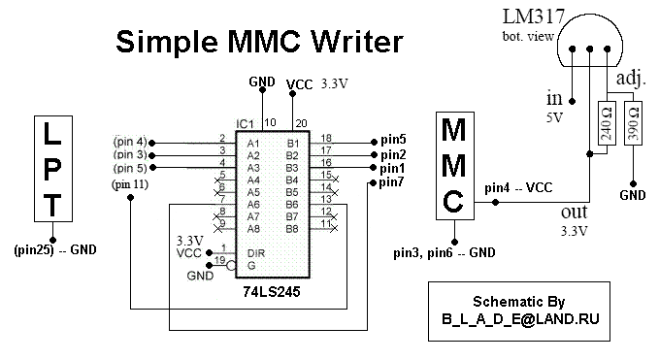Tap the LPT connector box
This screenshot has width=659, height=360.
pos(53,169)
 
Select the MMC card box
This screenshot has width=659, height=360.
pos(455,166)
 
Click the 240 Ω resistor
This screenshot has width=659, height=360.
pos(607,123)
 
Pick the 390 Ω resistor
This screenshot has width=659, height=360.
pos(633,123)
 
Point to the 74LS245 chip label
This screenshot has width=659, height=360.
pos(272,291)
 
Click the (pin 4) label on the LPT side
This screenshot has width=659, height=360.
pos(130,141)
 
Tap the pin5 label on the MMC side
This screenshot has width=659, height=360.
pos(393,140)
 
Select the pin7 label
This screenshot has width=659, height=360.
pos(391,182)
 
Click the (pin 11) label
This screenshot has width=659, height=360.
pos(130,184)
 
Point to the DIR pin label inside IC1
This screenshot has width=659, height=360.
pos(256,253)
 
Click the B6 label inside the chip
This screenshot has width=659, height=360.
pos(292,205)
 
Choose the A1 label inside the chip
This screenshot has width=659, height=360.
pos(253,144)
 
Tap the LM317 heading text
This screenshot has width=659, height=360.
pos(534,16)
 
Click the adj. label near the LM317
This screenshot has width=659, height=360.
pos(631,79)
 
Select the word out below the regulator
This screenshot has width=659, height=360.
pos(575,213)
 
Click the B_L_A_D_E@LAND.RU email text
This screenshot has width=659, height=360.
pos(520,319)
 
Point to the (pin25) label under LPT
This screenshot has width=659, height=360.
pos(34,250)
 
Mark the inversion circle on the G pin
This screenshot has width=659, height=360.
pos(231,266)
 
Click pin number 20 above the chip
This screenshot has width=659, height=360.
pos(301,123)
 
